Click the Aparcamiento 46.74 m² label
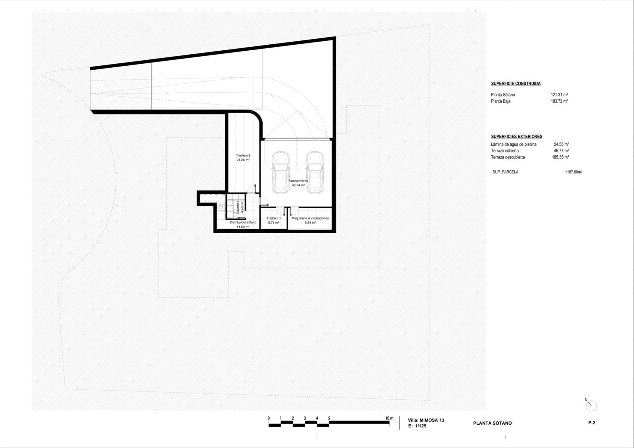[298, 183]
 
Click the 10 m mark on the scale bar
[389, 418]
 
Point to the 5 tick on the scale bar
[329, 418]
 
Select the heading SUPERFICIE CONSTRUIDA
[516, 84]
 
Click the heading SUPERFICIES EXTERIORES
[516, 136]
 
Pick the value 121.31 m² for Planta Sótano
[559, 95]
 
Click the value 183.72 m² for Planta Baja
[559, 101]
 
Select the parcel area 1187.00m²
[573, 172]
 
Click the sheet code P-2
[592, 423]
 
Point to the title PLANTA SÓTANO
[492, 423]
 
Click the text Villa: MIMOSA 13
[426, 420]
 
